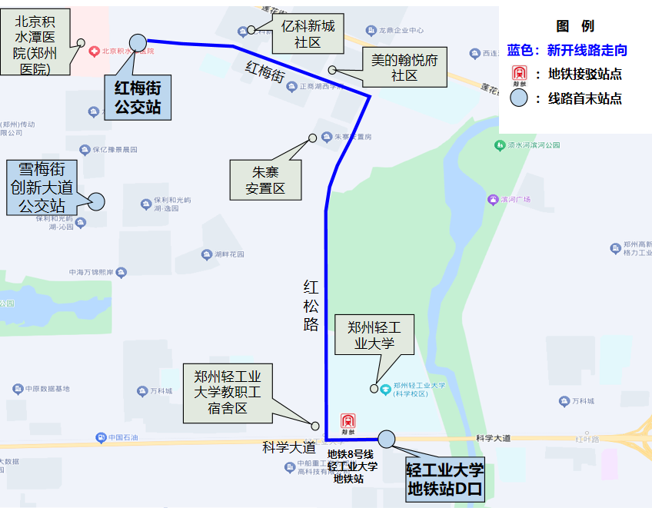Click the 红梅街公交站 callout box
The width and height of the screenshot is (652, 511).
[138, 96]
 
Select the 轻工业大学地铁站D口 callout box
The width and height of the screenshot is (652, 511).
[445, 479]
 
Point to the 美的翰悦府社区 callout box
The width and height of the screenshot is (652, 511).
[404, 67]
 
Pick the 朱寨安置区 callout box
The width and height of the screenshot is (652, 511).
[265, 180]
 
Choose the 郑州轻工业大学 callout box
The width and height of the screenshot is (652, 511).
[374, 335]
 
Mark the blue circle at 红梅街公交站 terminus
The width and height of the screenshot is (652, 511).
[138, 41]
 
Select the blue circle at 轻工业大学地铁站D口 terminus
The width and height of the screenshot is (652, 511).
[386, 439]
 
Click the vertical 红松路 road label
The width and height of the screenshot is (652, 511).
[311, 306]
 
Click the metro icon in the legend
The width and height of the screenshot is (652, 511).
[520, 74]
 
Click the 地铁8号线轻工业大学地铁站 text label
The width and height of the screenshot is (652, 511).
[352, 466]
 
